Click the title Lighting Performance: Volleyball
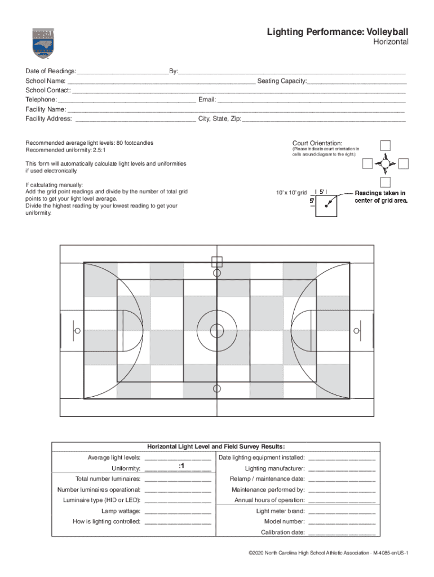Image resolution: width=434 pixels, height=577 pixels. click(338, 33)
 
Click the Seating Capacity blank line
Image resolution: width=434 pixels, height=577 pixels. click(356, 82)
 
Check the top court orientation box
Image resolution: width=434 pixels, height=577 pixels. click(386, 145)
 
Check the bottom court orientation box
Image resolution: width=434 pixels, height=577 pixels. click(386, 182)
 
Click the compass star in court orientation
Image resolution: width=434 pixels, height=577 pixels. click(386, 164)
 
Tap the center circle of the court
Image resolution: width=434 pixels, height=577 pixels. click(217, 330)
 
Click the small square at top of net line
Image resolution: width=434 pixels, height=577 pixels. click(217, 261)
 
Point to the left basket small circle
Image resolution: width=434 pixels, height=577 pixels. click(77, 330)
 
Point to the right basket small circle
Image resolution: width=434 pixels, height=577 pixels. click(356, 330)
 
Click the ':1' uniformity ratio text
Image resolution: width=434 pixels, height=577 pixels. click(181, 467)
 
